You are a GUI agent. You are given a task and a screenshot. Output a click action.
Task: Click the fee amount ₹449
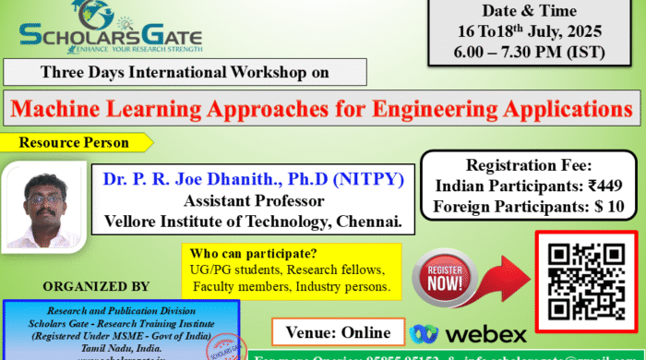coord(591,186)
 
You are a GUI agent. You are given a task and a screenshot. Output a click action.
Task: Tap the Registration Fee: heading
coord(529,166)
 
